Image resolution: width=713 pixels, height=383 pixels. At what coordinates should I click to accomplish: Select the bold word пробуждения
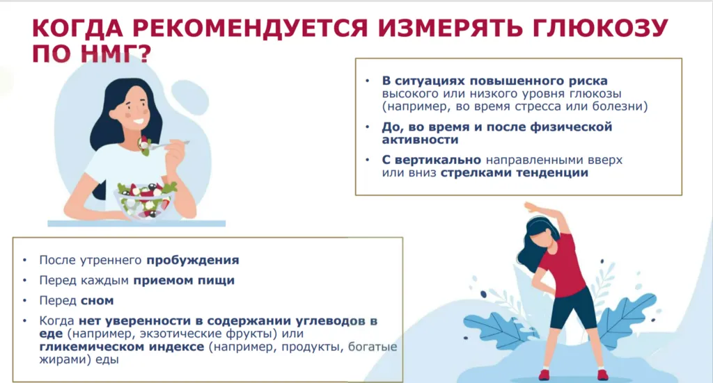193,261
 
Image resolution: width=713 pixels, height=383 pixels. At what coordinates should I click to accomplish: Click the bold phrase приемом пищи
184,280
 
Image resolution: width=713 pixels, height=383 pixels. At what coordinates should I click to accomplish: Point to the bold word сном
97,300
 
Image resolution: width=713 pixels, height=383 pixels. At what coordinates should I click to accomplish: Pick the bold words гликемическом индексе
121,347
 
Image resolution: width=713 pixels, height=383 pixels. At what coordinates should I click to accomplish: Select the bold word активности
420,140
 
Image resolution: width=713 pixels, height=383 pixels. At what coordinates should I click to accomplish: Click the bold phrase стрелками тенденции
515,173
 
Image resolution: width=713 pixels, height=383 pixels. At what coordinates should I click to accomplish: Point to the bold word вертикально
438,160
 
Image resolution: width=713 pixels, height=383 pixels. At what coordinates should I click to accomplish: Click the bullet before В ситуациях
368,81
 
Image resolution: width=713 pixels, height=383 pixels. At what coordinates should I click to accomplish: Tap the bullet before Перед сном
25,300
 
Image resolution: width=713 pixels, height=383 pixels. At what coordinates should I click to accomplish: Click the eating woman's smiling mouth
139,122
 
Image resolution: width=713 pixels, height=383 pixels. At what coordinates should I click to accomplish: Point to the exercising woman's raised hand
531,208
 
